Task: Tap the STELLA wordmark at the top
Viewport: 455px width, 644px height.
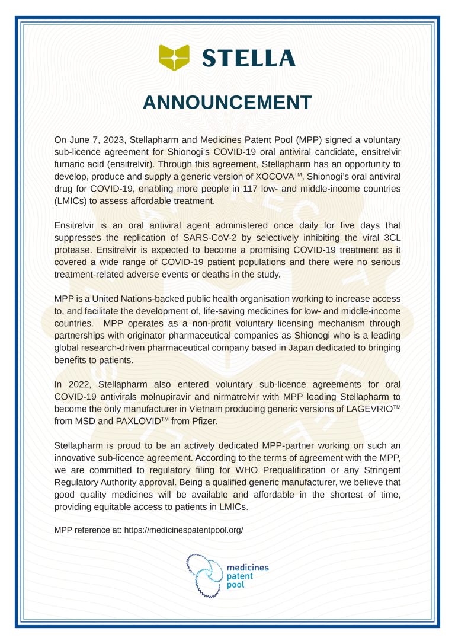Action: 248,58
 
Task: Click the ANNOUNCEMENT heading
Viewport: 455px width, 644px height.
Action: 227,103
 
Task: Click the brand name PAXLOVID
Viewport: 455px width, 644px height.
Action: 132,422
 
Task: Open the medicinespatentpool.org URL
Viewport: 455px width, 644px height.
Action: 183,530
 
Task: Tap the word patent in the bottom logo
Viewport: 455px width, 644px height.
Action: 241,576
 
